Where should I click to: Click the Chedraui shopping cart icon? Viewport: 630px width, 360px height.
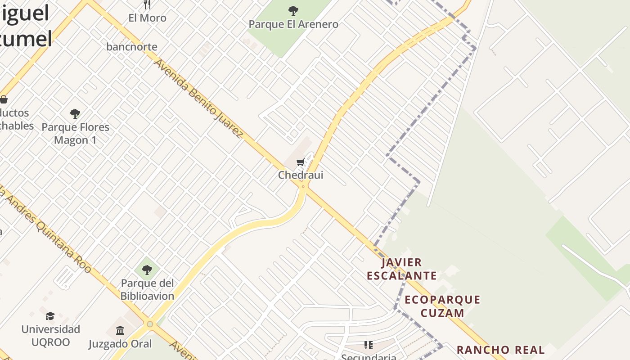pyautogui.click(x=300, y=162)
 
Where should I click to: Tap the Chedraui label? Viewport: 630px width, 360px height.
pyautogui.click(x=301, y=175)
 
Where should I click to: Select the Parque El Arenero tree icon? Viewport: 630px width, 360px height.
pyautogui.click(x=293, y=10)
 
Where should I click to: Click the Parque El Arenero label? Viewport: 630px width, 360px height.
pyautogui.click(x=293, y=24)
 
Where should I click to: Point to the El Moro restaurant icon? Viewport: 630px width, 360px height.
pyautogui.click(x=147, y=4)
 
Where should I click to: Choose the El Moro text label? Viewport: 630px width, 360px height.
pyautogui.click(x=147, y=18)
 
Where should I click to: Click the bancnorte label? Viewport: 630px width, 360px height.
pyautogui.click(x=132, y=47)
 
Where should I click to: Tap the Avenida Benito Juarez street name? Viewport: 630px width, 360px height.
pyautogui.click(x=198, y=98)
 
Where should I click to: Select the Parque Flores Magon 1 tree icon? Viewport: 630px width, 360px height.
pyautogui.click(x=75, y=114)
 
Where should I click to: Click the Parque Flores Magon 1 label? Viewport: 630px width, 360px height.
pyautogui.click(x=75, y=133)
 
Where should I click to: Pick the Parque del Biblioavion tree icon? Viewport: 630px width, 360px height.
pyautogui.click(x=147, y=270)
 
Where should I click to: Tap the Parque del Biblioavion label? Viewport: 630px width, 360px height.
pyautogui.click(x=147, y=290)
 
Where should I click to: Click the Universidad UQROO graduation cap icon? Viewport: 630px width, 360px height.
pyautogui.click(x=50, y=316)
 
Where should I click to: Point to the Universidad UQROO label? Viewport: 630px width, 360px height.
pyautogui.click(x=51, y=336)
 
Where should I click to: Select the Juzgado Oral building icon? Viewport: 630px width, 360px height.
pyautogui.click(x=120, y=331)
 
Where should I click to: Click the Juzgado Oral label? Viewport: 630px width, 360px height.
pyautogui.click(x=120, y=344)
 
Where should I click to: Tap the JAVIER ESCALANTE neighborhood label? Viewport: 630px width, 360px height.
pyautogui.click(x=401, y=269)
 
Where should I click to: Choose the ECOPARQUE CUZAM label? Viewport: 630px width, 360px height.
pyautogui.click(x=442, y=306)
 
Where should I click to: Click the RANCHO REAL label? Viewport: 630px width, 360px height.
pyautogui.click(x=500, y=350)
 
